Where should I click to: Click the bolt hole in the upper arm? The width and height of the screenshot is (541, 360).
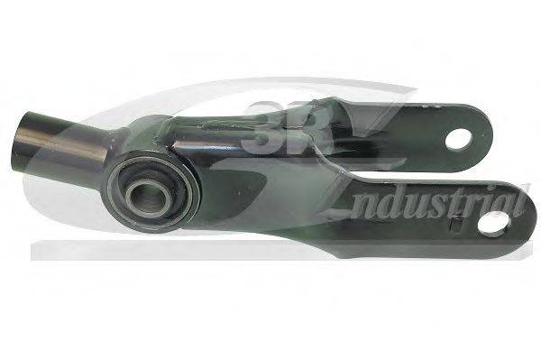point(459,138)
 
